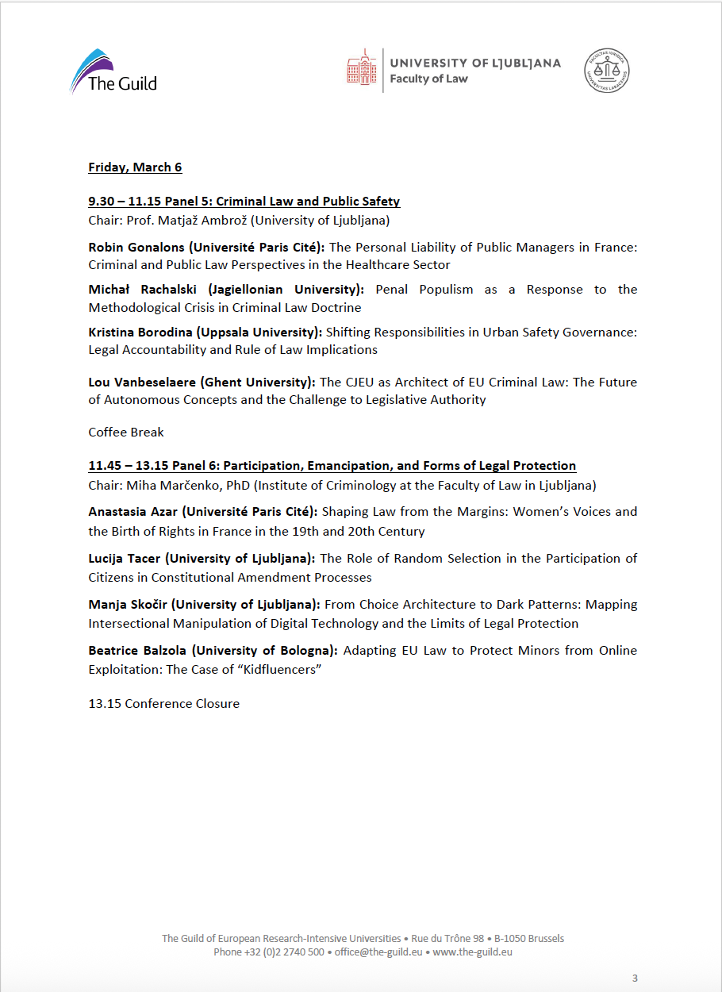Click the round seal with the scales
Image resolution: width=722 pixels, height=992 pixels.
(x=608, y=70)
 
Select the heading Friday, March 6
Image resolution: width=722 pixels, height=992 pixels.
(x=135, y=167)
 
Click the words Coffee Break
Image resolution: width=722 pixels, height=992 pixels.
(x=126, y=433)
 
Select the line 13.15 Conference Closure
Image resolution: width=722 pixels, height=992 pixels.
(x=163, y=704)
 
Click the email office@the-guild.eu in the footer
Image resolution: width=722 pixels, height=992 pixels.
(x=377, y=952)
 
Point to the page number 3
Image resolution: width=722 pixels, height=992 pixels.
(x=635, y=979)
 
